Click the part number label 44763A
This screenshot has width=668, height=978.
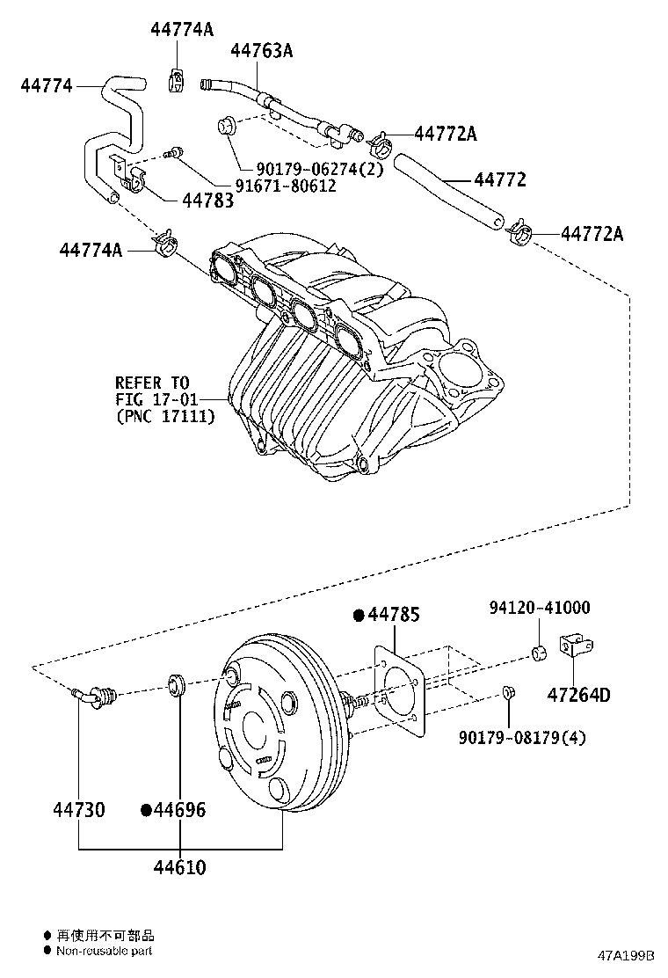coord(261,50)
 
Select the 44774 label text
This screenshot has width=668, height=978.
coord(47,85)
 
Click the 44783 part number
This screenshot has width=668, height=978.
coord(207,201)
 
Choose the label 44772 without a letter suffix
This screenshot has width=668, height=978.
coord(500,180)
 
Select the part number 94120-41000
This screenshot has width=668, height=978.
coord(540,608)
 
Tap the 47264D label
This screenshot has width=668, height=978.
coord(577,696)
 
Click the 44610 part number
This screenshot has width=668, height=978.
coord(179,868)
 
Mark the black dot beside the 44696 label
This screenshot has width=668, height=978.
coord(147,809)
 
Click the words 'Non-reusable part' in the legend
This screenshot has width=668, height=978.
coord(105,951)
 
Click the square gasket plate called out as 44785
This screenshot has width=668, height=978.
coord(400,690)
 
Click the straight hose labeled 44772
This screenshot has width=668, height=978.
coord(448,191)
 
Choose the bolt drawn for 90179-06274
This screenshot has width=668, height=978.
coord(225,127)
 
